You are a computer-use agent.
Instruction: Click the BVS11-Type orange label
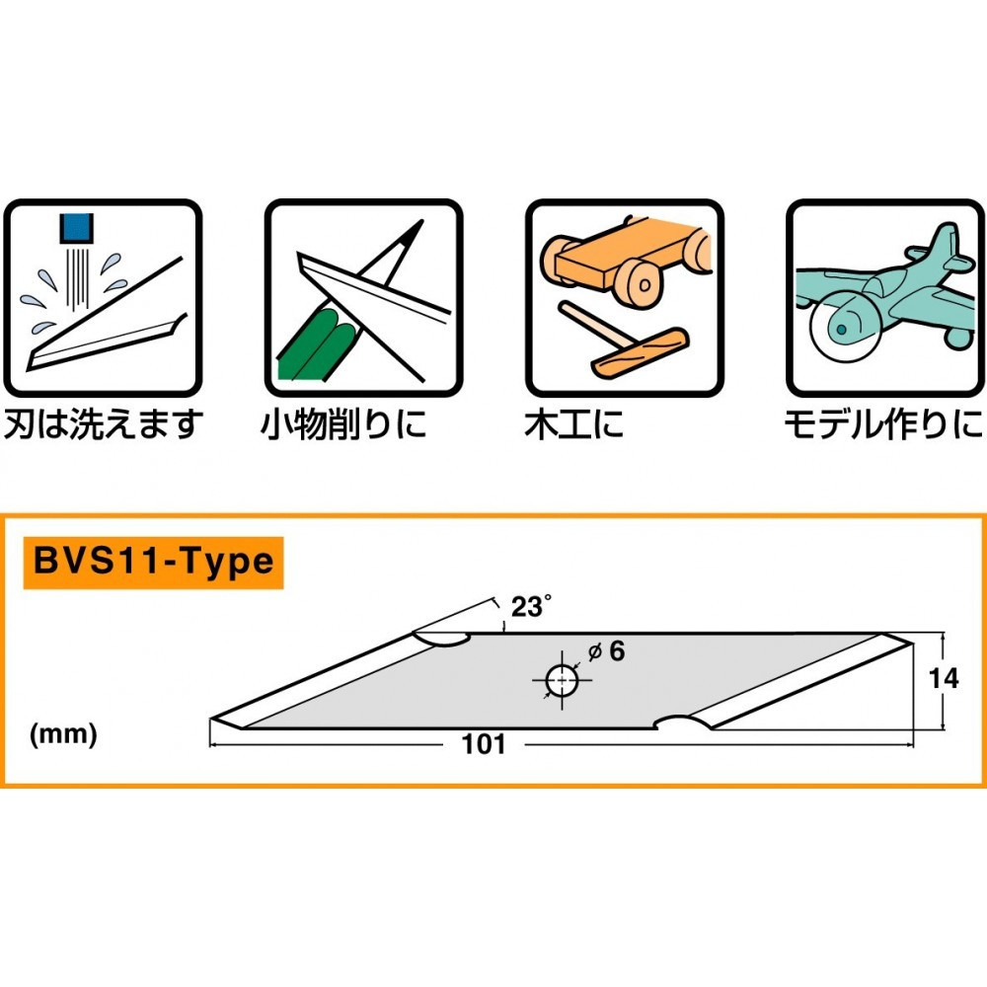pyautogui.click(x=153, y=563)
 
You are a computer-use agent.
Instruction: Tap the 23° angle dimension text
pyautogui.click(x=531, y=606)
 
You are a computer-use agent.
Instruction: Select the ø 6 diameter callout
pyautogui.click(x=606, y=650)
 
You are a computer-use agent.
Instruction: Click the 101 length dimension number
pyautogui.click(x=484, y=744)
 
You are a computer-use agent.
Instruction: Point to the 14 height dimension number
pyautogui.click(x=945, y=679)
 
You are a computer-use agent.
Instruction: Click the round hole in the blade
pyautogui.click(x=562, y=680)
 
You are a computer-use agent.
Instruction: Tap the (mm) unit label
pyautogui.click(x=63, y=734)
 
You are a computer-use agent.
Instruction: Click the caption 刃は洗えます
pyautogui.click(x=104, y=423)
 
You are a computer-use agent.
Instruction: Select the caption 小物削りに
pyautogui.click(x=343, y=423)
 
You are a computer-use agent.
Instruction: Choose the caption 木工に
pyautogui.click(x=573, y=423)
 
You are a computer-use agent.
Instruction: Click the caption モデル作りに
pyautogui.click(x=882, y=423)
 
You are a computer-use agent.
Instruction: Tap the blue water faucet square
pyautogui.click(x=76, y=228)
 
